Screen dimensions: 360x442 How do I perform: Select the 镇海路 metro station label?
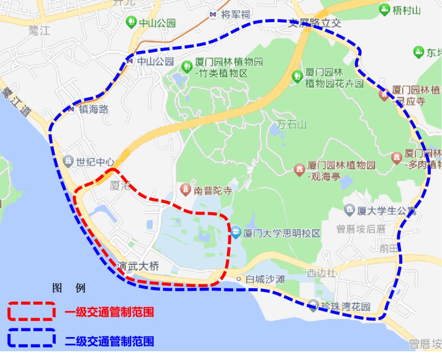tap(94, 109)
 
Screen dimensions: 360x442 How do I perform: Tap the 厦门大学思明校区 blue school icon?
tap(236, 233)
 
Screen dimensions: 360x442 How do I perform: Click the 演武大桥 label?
tap(138, 265)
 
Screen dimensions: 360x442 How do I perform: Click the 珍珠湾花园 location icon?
tap(314, 305)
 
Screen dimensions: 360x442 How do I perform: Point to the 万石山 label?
tap(291, 124)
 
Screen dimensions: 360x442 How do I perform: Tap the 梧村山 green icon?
tap(384, 10)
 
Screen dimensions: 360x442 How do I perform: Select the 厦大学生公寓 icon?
tap(350, 211)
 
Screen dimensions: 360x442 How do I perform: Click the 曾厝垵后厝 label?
tap(361, 229)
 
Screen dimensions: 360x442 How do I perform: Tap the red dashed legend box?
tap(32, 311)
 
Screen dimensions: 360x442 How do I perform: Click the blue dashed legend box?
tap(32, 338)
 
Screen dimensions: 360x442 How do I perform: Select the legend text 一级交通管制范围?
tap(109, 312)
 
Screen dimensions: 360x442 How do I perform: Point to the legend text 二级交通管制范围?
tap(109, 341)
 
